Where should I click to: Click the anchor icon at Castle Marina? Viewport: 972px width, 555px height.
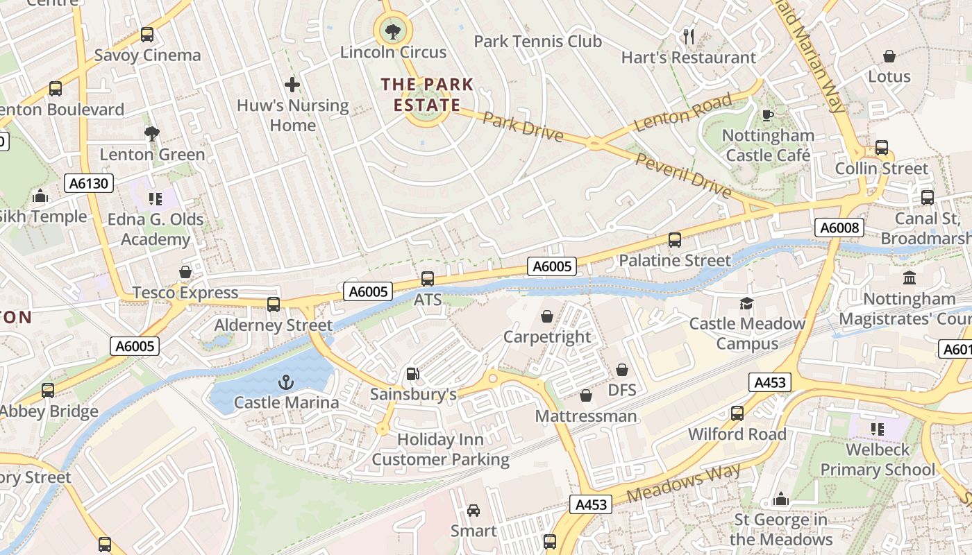pyautogui.click(x=285, y=382)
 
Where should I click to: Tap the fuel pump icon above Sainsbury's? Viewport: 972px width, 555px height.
pyautogui.click(x=413, y=374)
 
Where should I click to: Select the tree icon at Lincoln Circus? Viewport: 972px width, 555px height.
pyautogui.click(x=393, y=31)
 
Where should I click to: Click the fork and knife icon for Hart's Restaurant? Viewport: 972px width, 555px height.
pyautogui.click(x=689, y=36)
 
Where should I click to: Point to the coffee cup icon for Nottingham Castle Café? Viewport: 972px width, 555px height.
pyautogui.click(x=767, y=115)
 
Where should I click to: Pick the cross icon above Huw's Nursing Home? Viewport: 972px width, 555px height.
pyautogui.click(x=292, y=85)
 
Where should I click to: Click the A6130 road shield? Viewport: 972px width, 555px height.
pyautogui.click(x=89, y=183)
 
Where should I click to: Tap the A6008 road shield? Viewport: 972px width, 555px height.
pyautogui.click(x=839, y=228)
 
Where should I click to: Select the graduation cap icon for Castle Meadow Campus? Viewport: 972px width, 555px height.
pyautogui.click(x=746, y=303)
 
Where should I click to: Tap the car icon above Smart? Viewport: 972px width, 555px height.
pyautogui.click(x=474, y=511)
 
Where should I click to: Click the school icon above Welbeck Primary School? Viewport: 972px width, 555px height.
pyautogui.click(x=878, y=429)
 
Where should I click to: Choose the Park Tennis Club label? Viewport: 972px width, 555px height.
pyautogui.click(x=537, y=42)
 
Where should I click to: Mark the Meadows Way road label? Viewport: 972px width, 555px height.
pyautogui.click(x=683, y=484)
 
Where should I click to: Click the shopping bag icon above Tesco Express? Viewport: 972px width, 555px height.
pyautogui.click(x=185, y=272)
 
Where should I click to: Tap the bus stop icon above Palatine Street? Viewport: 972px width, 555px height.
pyautogui.click(x=674, y=240)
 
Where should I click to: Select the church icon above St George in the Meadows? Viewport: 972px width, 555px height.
pyautogui.click(x=781, y=499)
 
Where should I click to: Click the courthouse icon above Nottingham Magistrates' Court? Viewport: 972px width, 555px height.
pyautogui.click(x=909, y=278)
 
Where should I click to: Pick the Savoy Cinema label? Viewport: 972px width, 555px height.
pyautogui.click(x=147, y=55)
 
